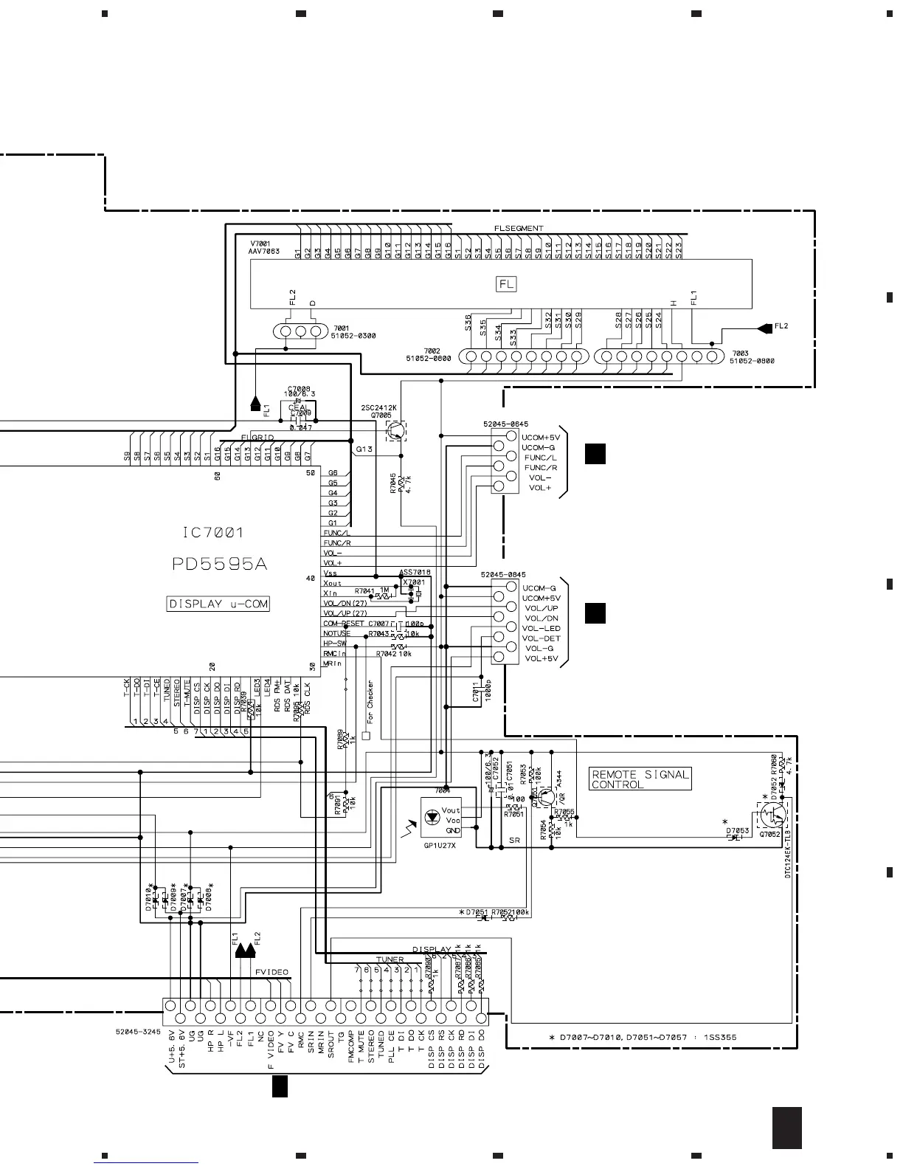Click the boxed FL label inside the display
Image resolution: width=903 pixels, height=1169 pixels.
[x=506, y=283]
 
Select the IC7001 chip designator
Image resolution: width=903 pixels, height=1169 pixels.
[x=212, y=532]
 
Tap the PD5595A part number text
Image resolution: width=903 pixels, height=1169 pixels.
[x=219, y=565]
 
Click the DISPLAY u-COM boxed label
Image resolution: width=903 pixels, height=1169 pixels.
[x=218, y=604]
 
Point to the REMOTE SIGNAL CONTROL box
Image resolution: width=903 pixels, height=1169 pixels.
[x=640, y=779]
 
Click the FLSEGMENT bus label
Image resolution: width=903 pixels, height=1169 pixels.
[x=519, y=228]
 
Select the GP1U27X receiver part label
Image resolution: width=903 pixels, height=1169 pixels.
[x=440, y=846]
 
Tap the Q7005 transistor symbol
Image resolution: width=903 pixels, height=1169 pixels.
[x=397, y=430]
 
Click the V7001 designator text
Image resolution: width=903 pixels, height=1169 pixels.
[x=260, y=244]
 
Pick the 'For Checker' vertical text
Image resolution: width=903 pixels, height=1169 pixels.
[x=370, y=701]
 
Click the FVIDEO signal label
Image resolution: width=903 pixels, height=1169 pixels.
[x=271, y=972]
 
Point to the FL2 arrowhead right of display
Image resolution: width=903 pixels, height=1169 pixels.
[x=763, y=327]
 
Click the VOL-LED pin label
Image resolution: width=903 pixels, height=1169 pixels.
[x=542, y=628]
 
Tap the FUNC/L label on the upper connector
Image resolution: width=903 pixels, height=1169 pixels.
[x=540, y=458]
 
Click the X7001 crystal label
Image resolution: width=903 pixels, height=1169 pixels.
[x=413, y=582]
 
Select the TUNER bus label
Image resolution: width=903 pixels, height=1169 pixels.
[x=390, y=960]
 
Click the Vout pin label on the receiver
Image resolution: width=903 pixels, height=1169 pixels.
[x=451, y=810]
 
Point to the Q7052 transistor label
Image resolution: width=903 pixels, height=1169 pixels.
[x=769, y=834]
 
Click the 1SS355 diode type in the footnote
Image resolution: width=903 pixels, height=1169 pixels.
[x=719, y=1038]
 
